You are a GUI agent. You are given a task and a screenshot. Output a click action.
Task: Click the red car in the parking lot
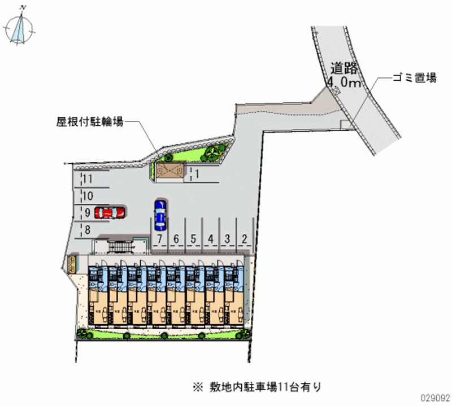tap(110, 212)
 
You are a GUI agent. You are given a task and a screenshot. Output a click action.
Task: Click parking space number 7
tap(160, 239)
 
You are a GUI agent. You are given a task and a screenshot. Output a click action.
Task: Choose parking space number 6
tap(176, 239)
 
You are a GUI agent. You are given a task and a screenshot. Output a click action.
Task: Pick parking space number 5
tap(193, 239)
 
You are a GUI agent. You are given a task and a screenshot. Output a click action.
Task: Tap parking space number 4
tap(210, 239)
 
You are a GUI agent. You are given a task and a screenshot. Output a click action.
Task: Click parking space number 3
tap(227, 239)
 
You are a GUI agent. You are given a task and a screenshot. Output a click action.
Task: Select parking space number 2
tap(244, 239)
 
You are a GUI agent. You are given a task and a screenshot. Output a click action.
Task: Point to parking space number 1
tap(197, 174)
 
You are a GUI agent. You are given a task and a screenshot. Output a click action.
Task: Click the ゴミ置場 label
tap(415, 78)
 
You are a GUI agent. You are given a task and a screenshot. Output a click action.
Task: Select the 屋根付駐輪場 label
tap(90, 121)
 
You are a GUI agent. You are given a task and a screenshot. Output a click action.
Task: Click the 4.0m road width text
tap(344, 84)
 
